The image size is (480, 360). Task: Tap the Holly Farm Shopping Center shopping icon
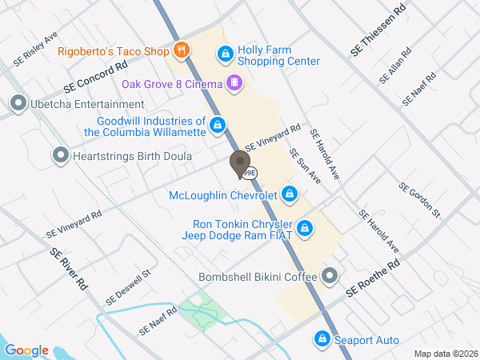[x=226, y=54]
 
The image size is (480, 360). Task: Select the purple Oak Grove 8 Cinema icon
[x=234, y=82]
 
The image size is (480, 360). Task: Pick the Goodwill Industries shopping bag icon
[x=217, y=125]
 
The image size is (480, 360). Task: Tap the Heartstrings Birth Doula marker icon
[x=59, y=156]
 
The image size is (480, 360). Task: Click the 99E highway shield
[x=250, y=172]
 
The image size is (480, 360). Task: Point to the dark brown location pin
[x=239, y=163]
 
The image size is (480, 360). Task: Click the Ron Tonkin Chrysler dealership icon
[x=304, y=230]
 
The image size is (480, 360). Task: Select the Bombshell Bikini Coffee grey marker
[x=330, y=277]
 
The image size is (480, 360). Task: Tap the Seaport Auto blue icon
[x=322, y=340]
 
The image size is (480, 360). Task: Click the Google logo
[x=26, y=350]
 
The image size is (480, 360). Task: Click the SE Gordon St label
[x=419, y=199]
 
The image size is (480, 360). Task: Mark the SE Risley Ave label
[x=36, y=50]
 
